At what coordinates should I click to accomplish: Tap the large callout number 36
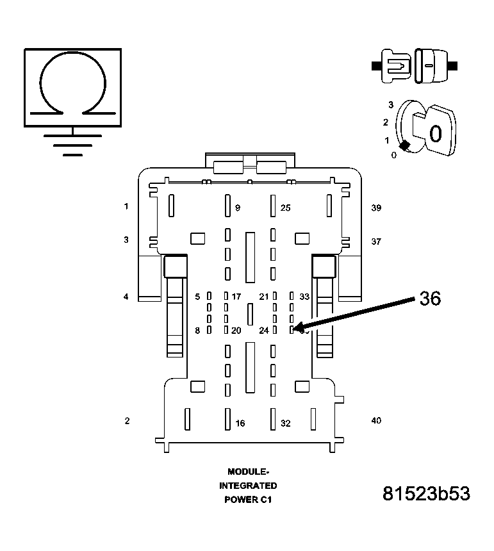[430, 299]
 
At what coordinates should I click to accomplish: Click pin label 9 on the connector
[238, 208]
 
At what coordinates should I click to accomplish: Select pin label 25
[286, 208]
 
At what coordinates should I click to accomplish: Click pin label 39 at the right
[376, 208]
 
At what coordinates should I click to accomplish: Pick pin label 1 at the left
[127, 206]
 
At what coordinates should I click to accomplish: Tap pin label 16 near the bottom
[240, 423]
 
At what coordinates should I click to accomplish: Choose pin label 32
[286, 423]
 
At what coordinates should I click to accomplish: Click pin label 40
[376, 420]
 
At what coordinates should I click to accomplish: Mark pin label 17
[236, 297]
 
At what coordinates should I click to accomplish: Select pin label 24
[263, 331]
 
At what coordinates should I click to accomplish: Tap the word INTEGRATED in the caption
[248, 486]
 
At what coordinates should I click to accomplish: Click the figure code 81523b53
[426, 494]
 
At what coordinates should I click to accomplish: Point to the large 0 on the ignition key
[435, 134]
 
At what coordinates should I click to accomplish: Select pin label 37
[376, 242]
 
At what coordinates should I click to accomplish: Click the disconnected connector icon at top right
[414, 65]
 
